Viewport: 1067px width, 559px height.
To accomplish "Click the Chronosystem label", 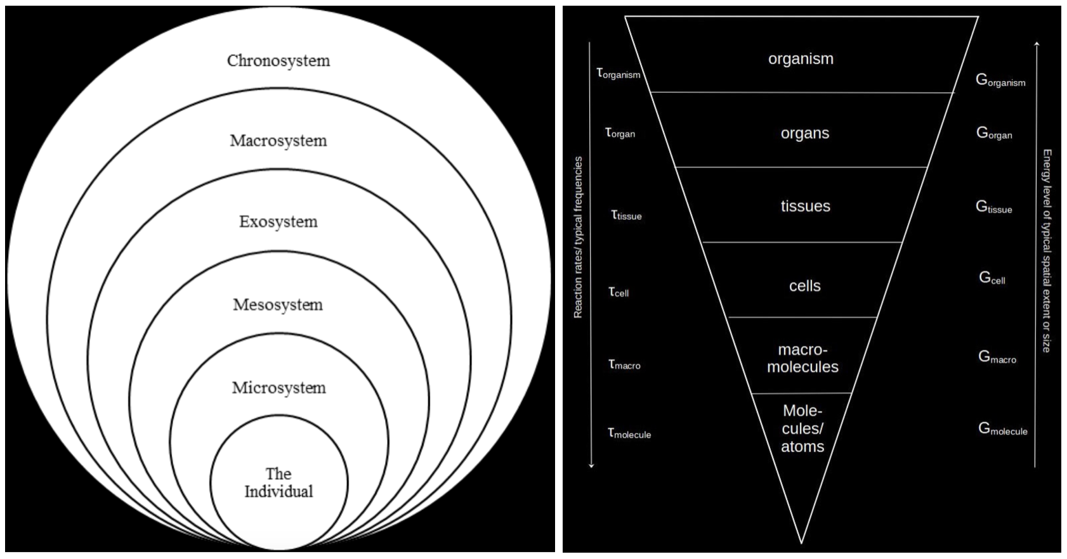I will tap(278, 61).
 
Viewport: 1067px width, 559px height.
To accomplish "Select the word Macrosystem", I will tap(278, 141).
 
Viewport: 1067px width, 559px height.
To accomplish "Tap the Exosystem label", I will tap(278, 222).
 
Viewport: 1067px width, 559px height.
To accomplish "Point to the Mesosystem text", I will tap(278, 305).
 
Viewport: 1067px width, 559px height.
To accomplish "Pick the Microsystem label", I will tap(278, 388).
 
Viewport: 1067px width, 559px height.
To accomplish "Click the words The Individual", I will tap(278, 483).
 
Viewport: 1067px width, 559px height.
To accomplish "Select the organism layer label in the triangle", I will tap(801, 59).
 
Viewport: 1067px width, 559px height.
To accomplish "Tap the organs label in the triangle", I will tap(804, 134).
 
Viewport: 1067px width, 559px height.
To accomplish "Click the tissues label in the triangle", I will tap(805, 207).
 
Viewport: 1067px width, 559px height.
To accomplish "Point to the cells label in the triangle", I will tap(804, 286).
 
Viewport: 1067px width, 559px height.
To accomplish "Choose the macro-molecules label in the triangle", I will tap(802, 358).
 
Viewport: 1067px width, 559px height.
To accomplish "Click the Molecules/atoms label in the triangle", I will tap(802, 428).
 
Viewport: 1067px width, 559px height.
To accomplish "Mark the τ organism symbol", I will tap(619, 74).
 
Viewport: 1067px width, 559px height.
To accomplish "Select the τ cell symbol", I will tap(619, 292).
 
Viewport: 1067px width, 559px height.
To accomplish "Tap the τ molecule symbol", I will tap(629, 433).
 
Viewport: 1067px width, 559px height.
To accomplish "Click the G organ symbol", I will tap(994, 133).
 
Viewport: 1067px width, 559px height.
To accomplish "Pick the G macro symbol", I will tap(997, 357).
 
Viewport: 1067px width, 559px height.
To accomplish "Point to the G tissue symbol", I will tap(993, 207).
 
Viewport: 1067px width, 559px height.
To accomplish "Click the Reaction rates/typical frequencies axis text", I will tap(578, 237).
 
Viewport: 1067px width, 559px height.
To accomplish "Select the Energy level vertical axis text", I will tap(1047, 251).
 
